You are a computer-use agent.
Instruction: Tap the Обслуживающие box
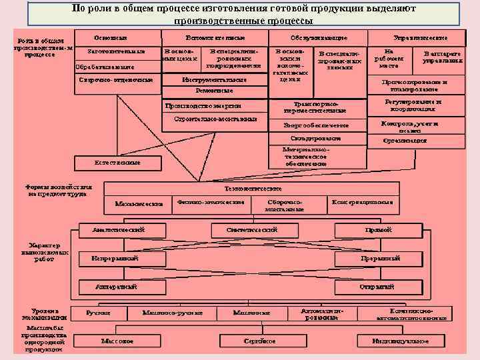[x=318, y=37]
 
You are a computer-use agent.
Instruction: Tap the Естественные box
[x=116, y=162]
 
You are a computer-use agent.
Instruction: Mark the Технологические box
[x=270, y=189]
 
